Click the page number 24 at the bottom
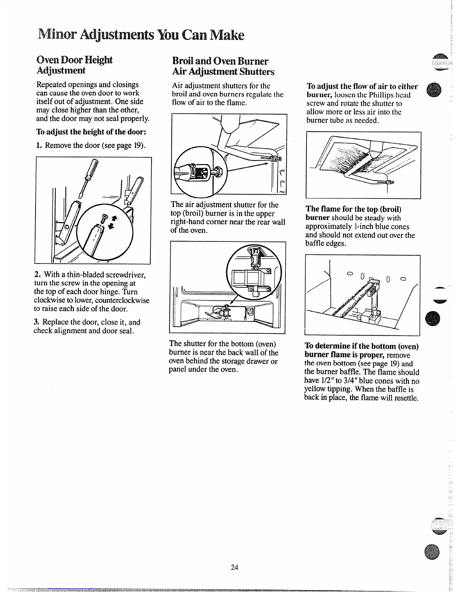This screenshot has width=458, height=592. [235, 567]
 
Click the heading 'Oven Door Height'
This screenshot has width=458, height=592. [74, 60]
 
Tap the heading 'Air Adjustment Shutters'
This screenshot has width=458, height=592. [223, 71]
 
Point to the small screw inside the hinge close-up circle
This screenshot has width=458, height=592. [104, 216]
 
